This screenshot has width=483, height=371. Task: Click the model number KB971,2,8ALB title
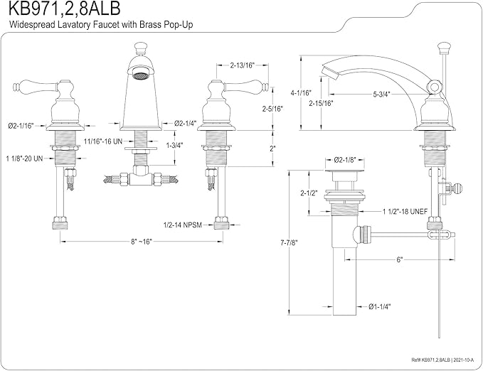pyautogui.click(x=64, y=9)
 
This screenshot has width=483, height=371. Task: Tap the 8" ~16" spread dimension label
pyautogui.click(x=142, y=242)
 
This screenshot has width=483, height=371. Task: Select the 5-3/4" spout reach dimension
pyautogui.click(x=382, y=95)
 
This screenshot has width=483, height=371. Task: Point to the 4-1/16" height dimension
pyautogui.click(x=302, y=92)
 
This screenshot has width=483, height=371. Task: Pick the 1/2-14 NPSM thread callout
pyautogui.click(x=182, y=225)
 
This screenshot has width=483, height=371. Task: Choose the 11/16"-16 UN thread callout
pyautogui.click(x=103, y=141)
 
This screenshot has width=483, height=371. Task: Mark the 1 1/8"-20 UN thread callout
pyautogui.click(x=24, y=159)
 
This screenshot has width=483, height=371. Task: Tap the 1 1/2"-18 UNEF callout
pyautogui.click(x=405, y=212)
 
